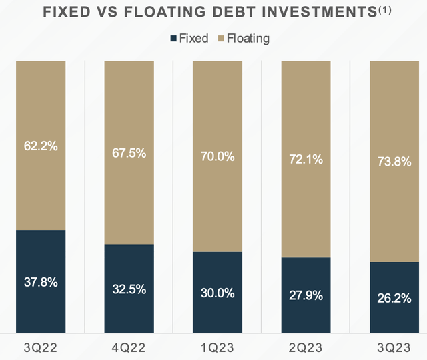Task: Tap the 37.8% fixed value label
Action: [x=39, y=282]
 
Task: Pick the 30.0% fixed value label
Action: [x=217, y=293]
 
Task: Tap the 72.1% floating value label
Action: [x=304, y=160]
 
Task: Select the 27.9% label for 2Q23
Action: [x=304, y=295]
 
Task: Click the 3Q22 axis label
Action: [x=40, y=347]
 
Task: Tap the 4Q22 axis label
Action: [x=129, y=347]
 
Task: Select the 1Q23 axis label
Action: [x=217, y=347]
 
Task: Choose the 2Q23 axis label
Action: [x=305, y=347]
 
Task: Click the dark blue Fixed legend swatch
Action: [x=175, y=39]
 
